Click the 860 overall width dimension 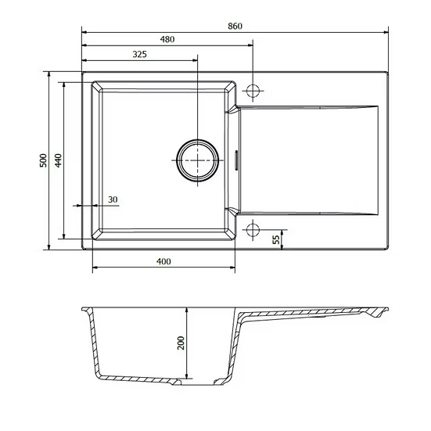coord(235,26)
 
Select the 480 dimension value coord(167,40)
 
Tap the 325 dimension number coord(140,55)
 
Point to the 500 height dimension coord(44,160)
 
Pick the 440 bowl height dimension coord(58,160)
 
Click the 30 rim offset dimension coord(113,199)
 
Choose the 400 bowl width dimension coord(163,261)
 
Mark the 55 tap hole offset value coord(276,239)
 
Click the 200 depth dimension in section coord(181,343)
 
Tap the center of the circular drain coord(198,160)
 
